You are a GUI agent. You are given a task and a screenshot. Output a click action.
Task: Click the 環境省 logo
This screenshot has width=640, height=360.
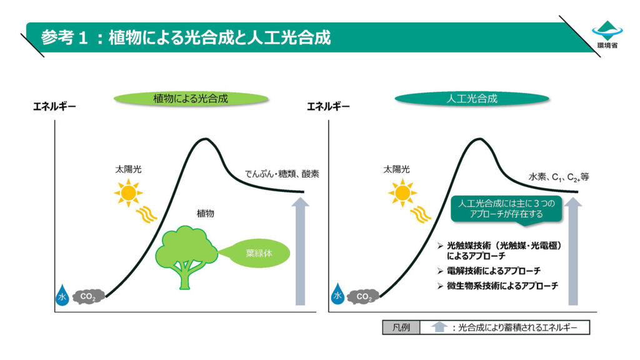(607, 34)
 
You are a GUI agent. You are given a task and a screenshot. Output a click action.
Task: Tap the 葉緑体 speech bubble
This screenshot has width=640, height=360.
(258, 254)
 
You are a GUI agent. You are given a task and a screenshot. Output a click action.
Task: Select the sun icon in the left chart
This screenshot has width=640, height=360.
(129, 192)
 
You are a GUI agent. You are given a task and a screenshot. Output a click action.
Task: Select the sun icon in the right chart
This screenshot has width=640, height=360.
(402, 192)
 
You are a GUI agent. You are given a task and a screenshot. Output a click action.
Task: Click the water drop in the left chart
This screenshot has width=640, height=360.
(62, 295)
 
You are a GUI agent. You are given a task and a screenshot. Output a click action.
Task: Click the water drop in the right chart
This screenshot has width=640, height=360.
(337, 294)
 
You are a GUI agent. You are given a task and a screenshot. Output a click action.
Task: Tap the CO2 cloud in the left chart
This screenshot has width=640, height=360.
(89, 297)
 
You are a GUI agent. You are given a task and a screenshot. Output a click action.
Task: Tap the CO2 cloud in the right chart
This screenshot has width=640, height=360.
(363, 297)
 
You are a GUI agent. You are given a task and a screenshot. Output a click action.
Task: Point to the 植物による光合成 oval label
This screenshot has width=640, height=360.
(191, 99)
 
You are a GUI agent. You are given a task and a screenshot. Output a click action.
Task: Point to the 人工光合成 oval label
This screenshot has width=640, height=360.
(472, 99)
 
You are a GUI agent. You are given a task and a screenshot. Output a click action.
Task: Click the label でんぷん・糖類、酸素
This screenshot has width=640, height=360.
(282, 174)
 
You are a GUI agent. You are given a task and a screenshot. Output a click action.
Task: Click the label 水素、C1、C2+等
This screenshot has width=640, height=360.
(559, 177)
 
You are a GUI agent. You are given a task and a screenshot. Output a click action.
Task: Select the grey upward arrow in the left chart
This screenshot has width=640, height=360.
(301, 251)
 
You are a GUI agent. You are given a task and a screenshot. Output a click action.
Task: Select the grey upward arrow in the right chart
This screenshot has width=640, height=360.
(573, 251)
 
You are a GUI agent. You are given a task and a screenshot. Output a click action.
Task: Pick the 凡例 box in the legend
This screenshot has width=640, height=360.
(401, 327)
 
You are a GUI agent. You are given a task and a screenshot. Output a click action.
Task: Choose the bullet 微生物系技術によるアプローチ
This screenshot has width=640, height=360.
(497, 286)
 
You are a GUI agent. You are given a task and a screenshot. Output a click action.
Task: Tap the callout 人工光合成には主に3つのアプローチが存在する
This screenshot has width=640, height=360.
(506, 209)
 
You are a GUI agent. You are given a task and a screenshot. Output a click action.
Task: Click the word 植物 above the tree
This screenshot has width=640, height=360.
(205, 214)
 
